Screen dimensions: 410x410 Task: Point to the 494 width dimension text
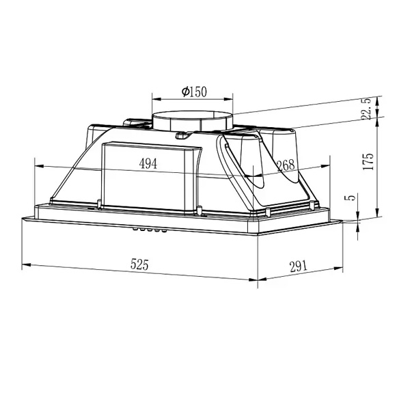[148, 163]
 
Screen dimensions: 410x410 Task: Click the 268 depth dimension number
[286, 165]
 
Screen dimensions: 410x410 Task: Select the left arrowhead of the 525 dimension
[25, 264]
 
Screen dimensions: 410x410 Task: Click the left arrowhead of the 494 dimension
[38, 165]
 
